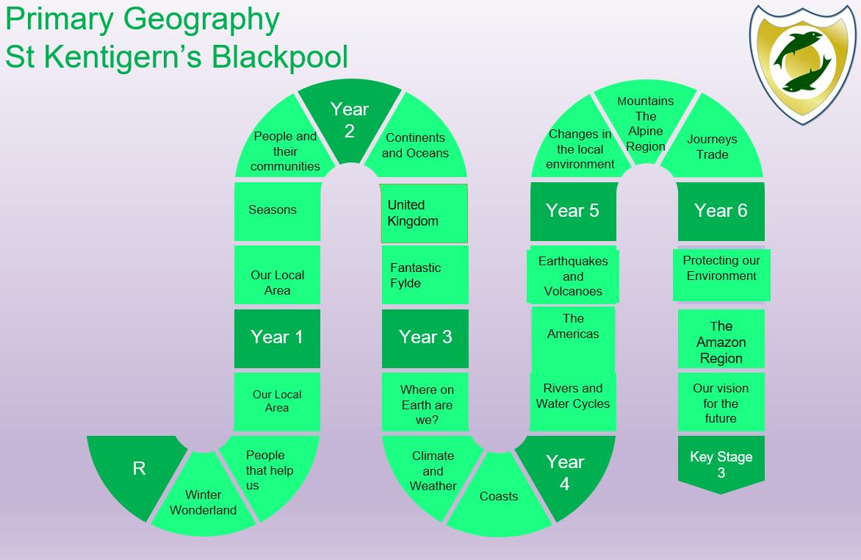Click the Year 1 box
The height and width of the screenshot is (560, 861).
click(277, 337)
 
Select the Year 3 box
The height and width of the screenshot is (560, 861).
click(425, 337)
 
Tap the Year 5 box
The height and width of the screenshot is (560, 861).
click(572, 211)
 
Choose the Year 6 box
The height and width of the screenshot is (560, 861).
click(721, 211)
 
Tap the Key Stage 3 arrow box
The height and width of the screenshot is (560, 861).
click(721, 464)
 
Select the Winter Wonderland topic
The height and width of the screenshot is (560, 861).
click(203, 502)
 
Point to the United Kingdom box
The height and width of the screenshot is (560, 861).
click(424, 213)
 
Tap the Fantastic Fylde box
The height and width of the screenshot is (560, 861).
click(425, 275)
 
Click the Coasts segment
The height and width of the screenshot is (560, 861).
click(499, 496)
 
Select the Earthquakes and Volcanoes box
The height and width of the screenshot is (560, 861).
click(573, 276)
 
